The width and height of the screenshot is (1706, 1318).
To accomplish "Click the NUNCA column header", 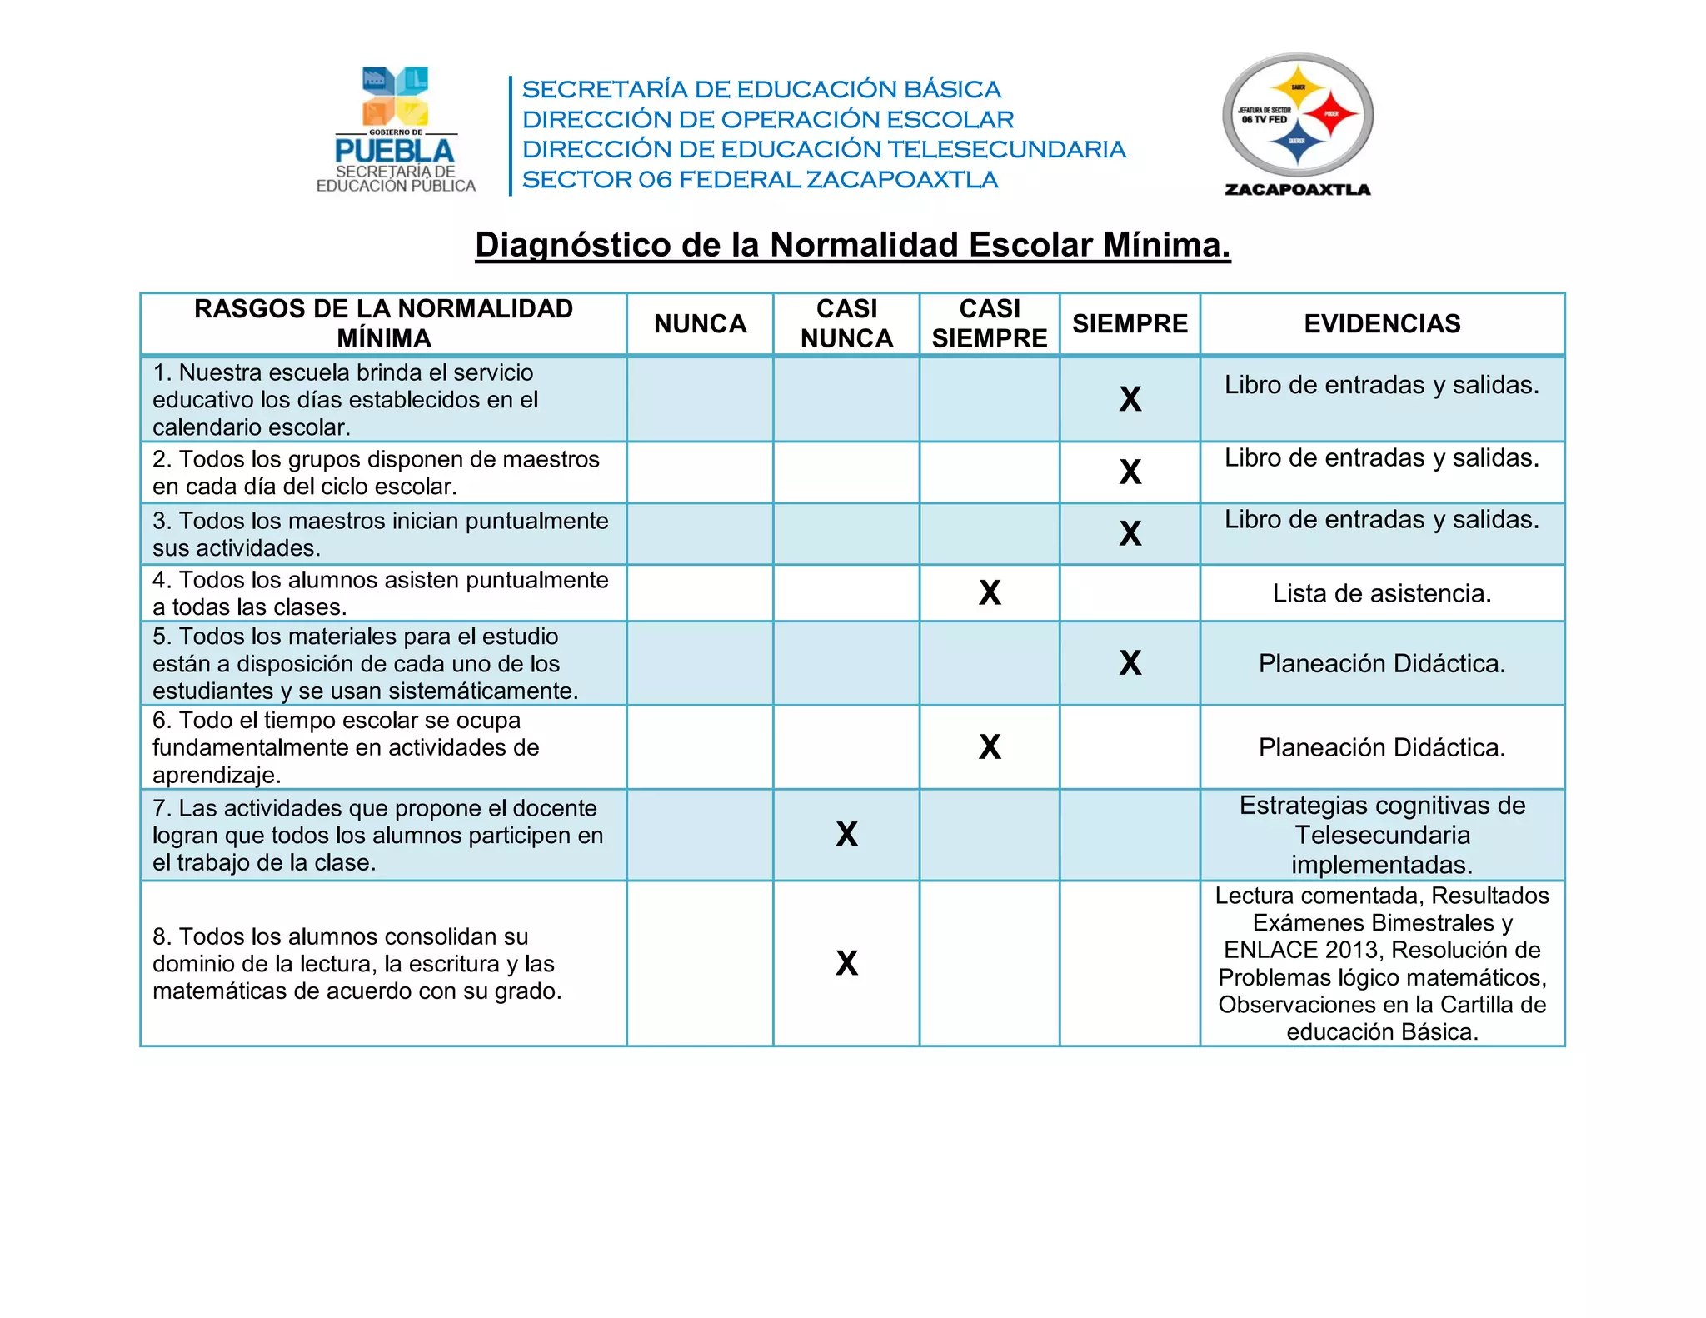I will tap(700, 323).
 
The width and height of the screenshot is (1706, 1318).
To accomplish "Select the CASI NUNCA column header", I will tap(846, 323).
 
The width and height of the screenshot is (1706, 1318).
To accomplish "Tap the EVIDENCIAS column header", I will tap(1382, 323).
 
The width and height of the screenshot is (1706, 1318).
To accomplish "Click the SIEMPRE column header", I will tap(1130, 323).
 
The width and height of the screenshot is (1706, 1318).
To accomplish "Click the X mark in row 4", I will tap(990, 593).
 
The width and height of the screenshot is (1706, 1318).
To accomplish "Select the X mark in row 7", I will tap(846, 835).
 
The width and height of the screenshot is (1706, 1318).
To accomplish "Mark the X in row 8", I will tap(846, 964).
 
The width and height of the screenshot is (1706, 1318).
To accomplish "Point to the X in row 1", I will tap(1130, 400).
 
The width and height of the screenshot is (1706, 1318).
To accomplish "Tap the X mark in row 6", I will tap(990, 747).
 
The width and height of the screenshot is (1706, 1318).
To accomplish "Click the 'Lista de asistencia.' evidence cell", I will tap(1382, 593).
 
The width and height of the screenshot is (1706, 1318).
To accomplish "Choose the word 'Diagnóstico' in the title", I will tap(572, 245).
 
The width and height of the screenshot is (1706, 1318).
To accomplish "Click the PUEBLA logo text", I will tap(394, 152).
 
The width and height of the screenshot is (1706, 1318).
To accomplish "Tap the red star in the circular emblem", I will tap(1331, 114).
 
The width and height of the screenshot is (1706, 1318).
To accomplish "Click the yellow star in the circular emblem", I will tap(1297, 87).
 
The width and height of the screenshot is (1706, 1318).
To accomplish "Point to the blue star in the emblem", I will tap(1296, 142).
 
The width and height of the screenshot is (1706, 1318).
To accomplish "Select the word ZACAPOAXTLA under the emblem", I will tap(1297, 190).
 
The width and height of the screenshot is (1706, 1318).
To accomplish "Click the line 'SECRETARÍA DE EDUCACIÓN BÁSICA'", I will tap(761, 89).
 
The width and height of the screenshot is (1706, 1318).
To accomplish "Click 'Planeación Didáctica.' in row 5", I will tap(1382, 664).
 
